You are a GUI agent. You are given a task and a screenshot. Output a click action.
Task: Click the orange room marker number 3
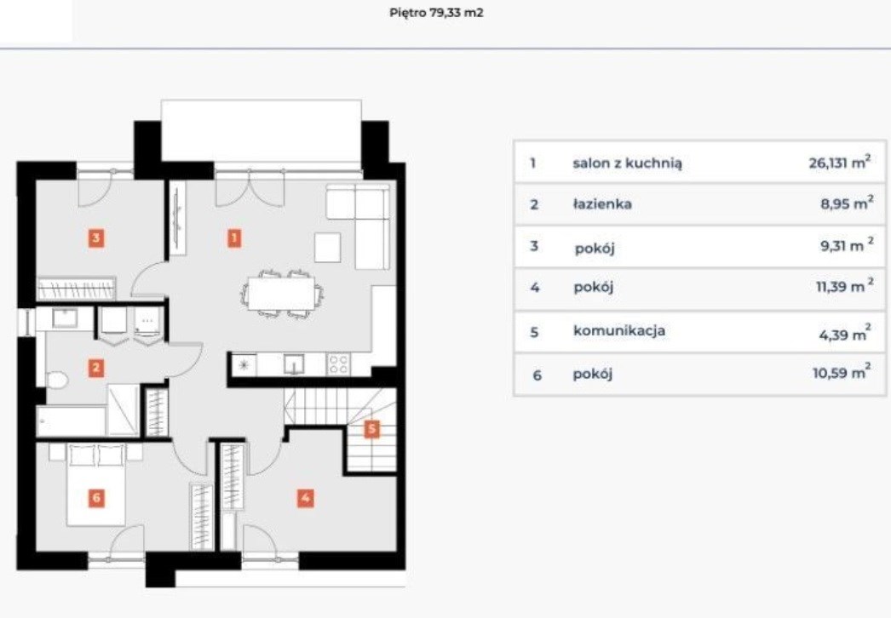point(96,237)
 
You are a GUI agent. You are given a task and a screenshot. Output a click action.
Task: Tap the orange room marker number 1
point(234,237)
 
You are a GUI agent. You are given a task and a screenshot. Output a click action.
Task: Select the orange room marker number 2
point(96,368)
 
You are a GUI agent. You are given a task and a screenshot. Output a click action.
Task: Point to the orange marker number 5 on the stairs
point(371,429)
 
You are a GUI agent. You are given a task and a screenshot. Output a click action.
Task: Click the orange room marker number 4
point(305,498)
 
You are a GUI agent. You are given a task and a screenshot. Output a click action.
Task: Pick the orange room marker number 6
point(96,498)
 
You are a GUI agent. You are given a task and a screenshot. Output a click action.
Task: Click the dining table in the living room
point(281,293)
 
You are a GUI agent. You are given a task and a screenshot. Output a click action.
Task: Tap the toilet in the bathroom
point(57,380)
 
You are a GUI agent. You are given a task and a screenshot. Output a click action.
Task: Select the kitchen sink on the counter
point(294,364)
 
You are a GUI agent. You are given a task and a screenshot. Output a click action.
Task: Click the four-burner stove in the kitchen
point(338,364)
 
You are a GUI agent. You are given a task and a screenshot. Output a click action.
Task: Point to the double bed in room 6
point(96,484)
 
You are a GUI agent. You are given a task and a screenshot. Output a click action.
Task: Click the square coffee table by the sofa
point(328,247)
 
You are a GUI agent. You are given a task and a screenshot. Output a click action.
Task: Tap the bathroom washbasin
point(65,318)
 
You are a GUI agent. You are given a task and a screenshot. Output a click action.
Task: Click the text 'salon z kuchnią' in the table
point(627,163)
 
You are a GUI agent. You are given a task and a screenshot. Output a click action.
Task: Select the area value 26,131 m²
point(839,163)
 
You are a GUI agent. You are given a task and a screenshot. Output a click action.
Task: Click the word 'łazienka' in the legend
point(601,203)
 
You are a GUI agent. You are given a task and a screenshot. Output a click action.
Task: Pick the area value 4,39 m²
point(844,333)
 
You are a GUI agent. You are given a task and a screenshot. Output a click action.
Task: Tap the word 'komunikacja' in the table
point(618,330)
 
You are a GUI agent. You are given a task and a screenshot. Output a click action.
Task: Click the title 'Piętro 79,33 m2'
point(436,13)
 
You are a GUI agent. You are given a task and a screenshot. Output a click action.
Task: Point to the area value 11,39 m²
point(844,286)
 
